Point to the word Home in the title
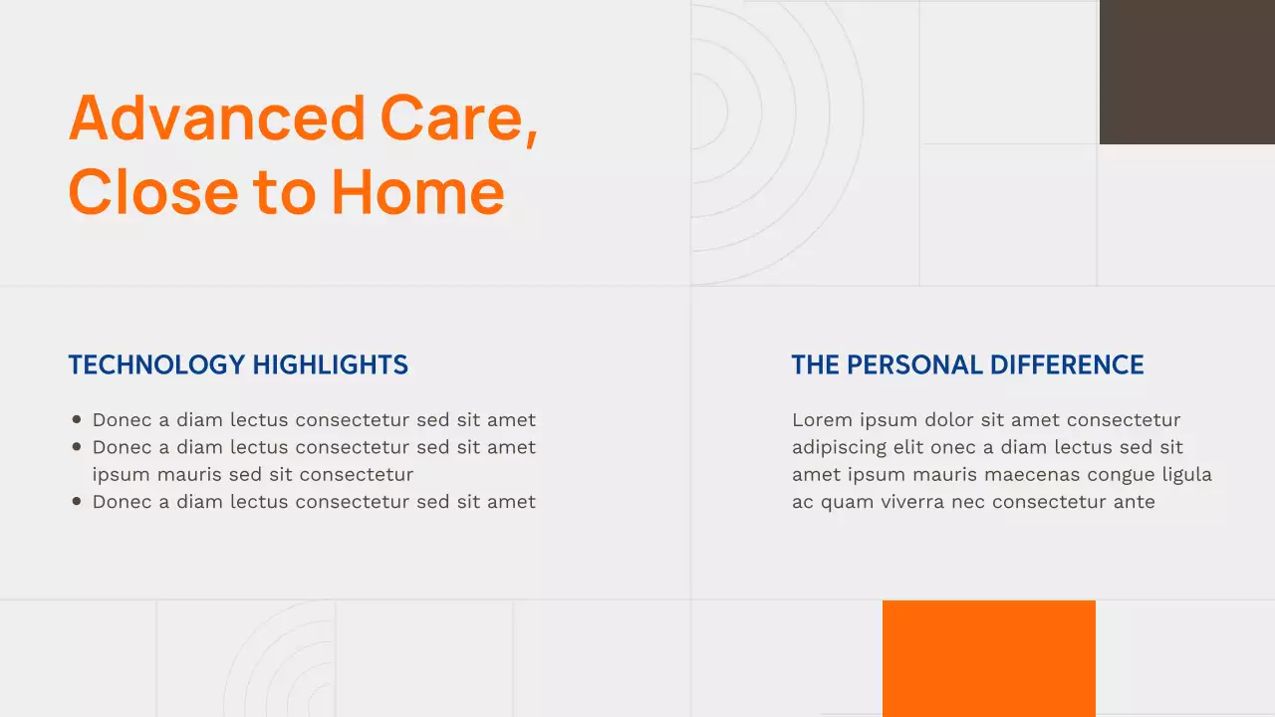coord(417,191)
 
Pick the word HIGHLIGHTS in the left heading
coord(330,364)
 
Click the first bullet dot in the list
coord(77,420)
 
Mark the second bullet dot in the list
coord(77,447)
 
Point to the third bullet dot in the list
coord(77,502)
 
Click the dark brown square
coord(1186,72)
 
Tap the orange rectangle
coord(988,657)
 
